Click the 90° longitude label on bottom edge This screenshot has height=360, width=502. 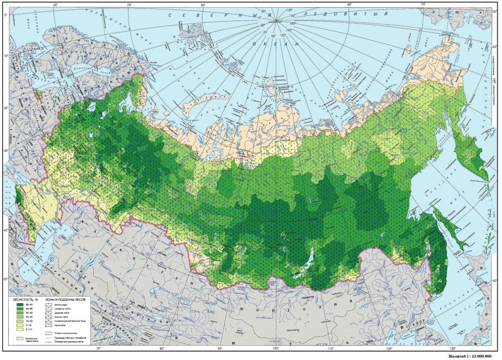[219, 348]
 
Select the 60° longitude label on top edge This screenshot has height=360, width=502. [56, 5]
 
